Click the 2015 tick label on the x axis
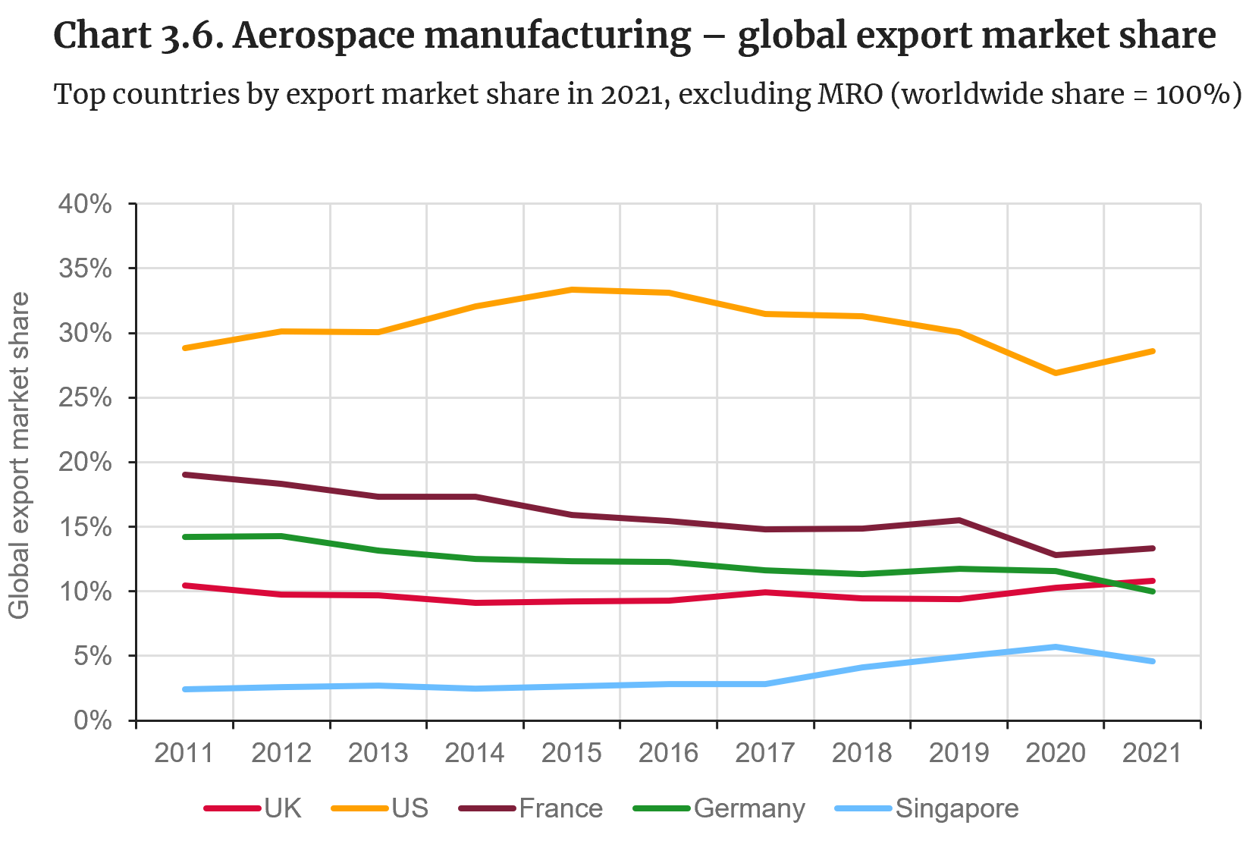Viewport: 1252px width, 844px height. [x=571, y=753]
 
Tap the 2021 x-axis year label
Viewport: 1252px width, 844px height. [x=1151, y=753]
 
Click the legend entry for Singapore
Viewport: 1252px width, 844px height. [x=957, y=808]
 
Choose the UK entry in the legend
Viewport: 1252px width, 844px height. [x=283, y=808]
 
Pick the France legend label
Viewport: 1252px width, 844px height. [x=560, y=808]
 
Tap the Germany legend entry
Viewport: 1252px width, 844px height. [x=749, y=808]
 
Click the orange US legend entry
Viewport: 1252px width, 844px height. [x=410, y=808]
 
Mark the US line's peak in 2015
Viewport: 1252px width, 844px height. [x=572, y=290]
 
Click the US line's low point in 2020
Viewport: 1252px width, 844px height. [x=1055, y=373]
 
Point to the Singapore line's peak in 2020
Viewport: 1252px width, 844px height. [x=1055, y=647]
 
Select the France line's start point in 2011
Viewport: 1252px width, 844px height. [x=185, y=475]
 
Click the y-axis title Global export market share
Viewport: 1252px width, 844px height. [x=19, y=455]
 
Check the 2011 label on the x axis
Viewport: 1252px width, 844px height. [x=184, y=753]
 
